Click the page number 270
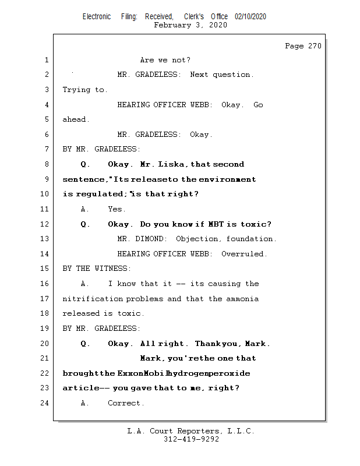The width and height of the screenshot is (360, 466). [x=314, y=46]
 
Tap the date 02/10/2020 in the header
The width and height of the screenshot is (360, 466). [x=250, y=17]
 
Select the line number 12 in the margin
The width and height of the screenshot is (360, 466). [x=46, y=224]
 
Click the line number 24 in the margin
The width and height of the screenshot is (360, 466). [x=46, y=403]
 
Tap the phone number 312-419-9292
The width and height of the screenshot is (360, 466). [x=191, y=439]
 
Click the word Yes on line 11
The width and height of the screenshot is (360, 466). [x=117, y=209]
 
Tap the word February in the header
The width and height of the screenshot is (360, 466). [x=172, y=25]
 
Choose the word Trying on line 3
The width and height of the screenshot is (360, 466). [x=76, y=90]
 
